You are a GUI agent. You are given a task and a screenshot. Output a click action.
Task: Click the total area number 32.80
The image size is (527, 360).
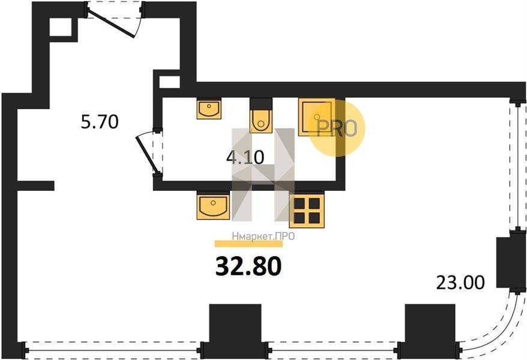[x=248, y=266]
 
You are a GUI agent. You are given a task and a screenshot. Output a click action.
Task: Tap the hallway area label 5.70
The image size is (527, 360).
[x=100, y=122]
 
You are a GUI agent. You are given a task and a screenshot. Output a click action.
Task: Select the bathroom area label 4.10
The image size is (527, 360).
[x=245, y=157]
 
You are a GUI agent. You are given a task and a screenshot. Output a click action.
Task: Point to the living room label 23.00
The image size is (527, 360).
[x=460, y=283]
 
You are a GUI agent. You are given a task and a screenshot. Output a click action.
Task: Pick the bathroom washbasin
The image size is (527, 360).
[x=209, y=109]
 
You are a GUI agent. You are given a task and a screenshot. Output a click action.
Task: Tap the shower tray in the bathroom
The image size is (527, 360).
[x=316, y=117]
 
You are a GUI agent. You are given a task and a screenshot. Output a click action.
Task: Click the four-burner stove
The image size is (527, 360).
[x=307, y=210]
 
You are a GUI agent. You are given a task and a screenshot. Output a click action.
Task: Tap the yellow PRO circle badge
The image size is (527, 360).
[x=337, y=128]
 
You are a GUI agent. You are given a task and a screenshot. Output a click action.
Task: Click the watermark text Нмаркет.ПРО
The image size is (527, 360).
[x=263, y=236]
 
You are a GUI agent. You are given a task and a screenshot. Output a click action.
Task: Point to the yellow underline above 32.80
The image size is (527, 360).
[x=248, y=244]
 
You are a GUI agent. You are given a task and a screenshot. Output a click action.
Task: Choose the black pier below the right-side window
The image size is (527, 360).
[x=508, y=263]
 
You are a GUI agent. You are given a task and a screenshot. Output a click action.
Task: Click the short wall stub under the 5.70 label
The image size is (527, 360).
[x=35, y=186]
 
